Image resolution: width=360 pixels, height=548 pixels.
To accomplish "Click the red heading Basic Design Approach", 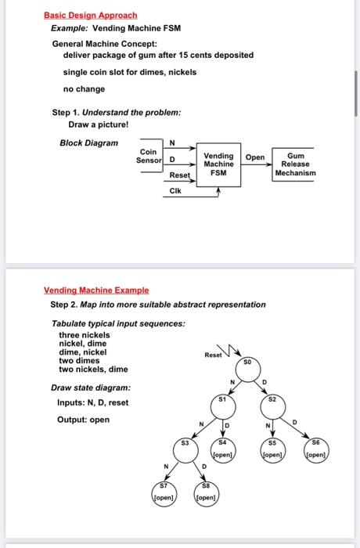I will pyautogui.click(x=90, y=15).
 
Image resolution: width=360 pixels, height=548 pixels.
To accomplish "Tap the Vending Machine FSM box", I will pyautogui.click(x=219, y=164).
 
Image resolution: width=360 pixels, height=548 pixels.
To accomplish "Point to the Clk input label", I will pyautogui.click(x=175, y=191).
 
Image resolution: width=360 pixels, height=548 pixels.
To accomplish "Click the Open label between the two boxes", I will pyautogui.click(x=255, y=157).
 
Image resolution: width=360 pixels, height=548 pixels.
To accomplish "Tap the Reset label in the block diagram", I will pyautogui.click(x=180, y=175).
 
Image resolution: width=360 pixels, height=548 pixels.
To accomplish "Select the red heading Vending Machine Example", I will pyautogui.click(x=96, y=290).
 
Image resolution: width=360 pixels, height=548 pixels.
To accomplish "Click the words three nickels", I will pyautogui.click(x=85, y=334).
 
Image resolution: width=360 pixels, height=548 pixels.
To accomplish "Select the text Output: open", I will pyautogui.click(x=83, y=420).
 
